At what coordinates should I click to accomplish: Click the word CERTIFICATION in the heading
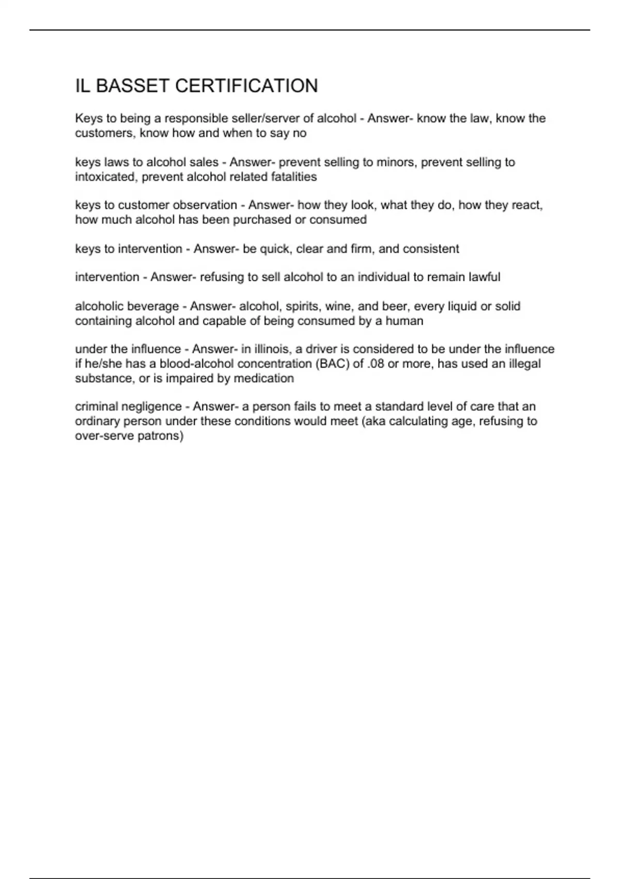click(246, 86)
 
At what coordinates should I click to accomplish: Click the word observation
click(205, 205)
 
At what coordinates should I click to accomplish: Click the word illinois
click(272, 349)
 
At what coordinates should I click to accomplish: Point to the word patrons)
click(161, 436)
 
